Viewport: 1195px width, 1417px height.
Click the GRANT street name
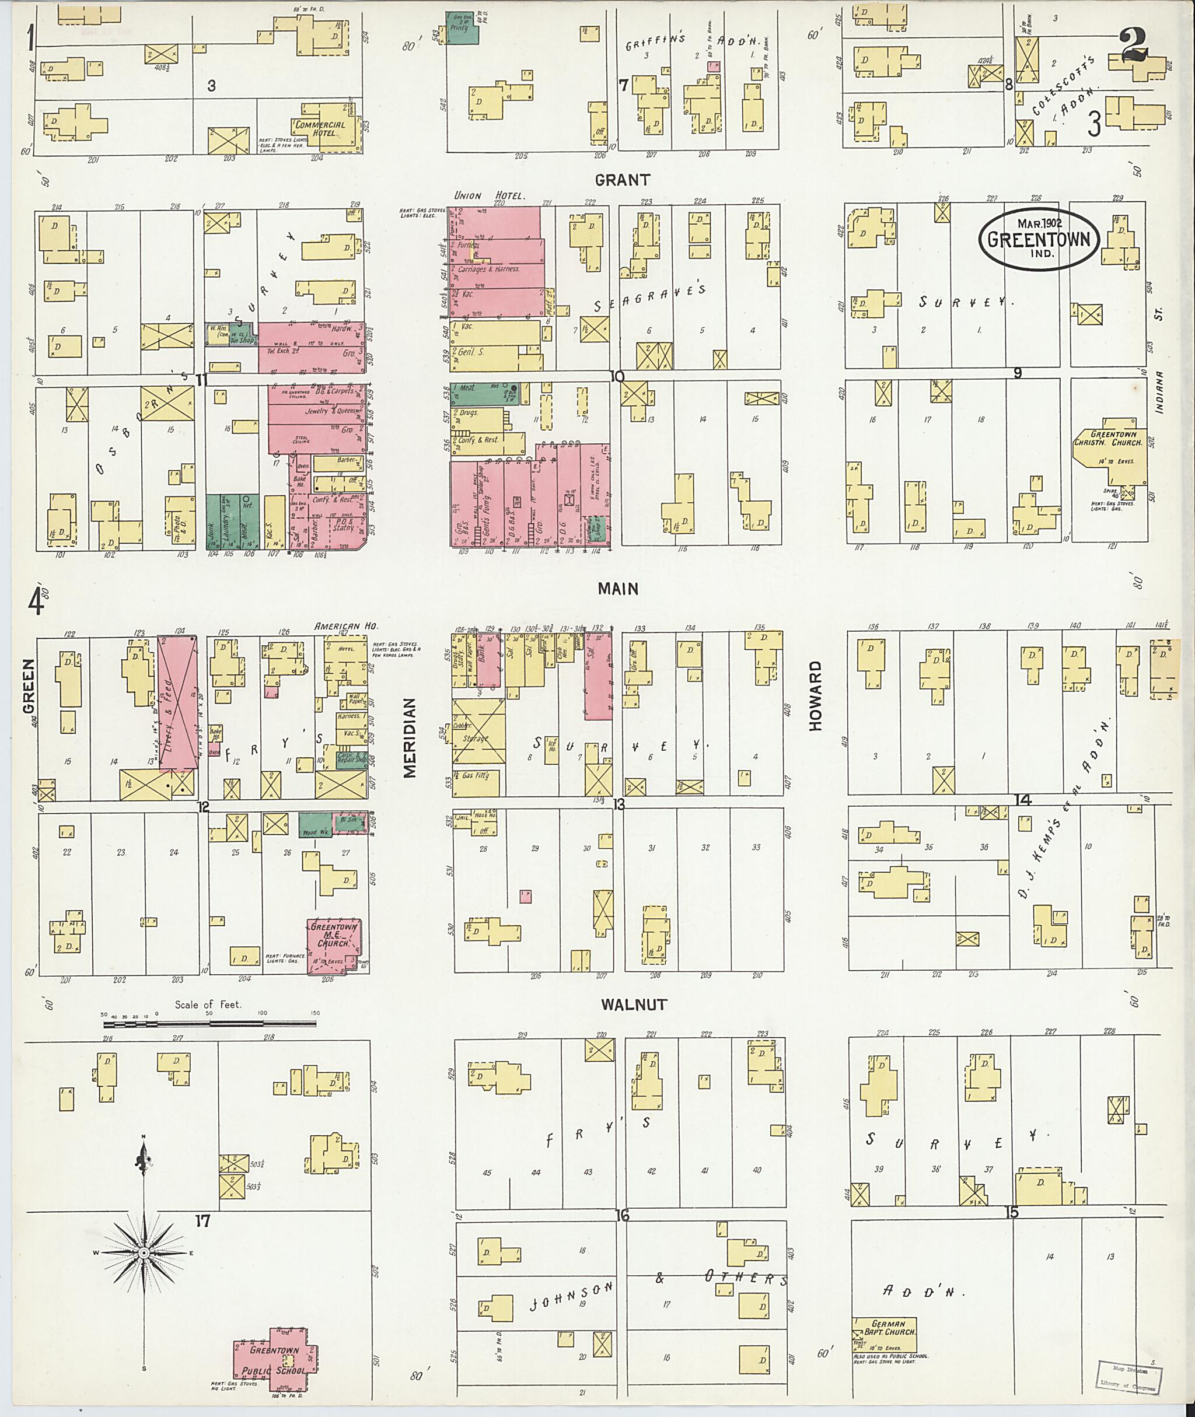coord(622,180)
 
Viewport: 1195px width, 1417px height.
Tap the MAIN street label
coord(617,589)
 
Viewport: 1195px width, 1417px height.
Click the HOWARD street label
coord(815,695)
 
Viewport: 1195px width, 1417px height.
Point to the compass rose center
coord(144,1254)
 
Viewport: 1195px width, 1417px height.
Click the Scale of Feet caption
coord(208,1005)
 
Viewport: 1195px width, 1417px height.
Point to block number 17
coord(202,1221)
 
